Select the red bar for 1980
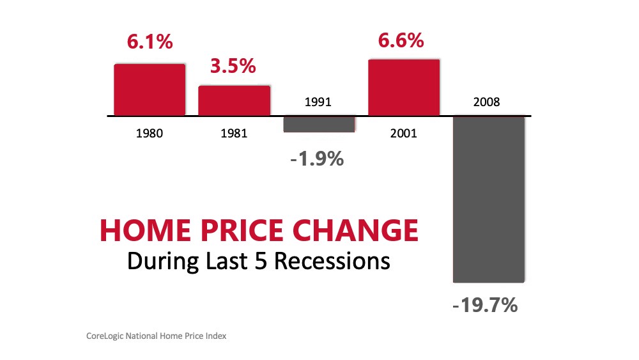150,90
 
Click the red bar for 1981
235,100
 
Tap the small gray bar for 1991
319,124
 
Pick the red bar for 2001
404,88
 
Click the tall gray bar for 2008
489,200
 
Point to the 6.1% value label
150,42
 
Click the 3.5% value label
233,66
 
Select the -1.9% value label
317,159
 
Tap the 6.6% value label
401,41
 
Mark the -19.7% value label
485,305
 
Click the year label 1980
149,133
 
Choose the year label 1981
234,133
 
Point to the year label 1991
318,102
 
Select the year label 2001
403,133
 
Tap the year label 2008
486,102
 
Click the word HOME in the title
146,230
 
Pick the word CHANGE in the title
356,230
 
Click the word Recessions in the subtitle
332,262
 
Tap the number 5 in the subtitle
261,262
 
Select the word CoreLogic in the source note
105,336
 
